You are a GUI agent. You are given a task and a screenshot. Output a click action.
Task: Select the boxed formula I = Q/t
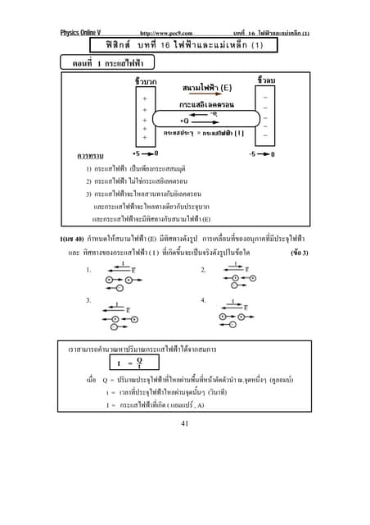click(130, 363)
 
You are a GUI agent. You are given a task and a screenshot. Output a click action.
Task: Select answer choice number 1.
click(87, 270)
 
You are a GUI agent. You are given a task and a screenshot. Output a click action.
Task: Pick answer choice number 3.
click(87, 301)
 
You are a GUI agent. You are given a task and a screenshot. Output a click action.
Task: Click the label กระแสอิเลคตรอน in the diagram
click(205, 106)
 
